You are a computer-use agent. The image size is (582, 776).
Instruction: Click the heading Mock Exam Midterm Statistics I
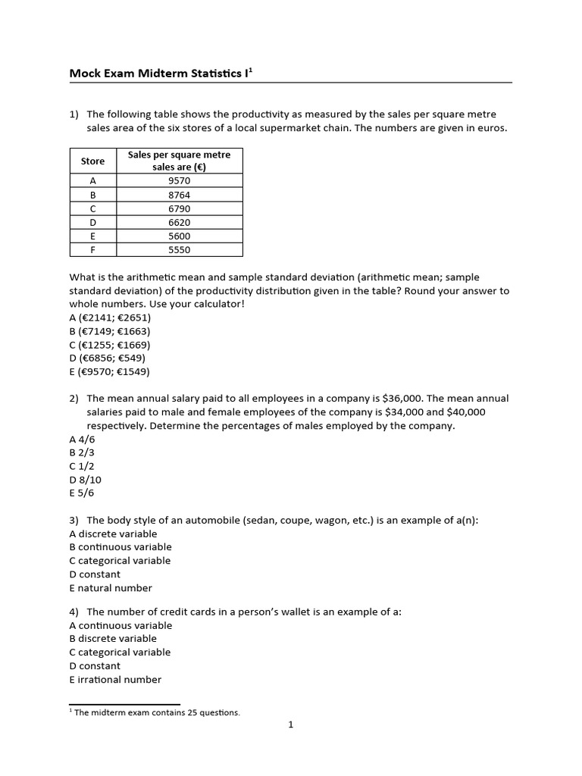point(160,73)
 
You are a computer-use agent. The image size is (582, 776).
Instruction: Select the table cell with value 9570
point(180,181)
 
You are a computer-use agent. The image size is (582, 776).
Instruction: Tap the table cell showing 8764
point(180,195)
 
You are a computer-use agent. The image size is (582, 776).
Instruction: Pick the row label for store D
point(92,222)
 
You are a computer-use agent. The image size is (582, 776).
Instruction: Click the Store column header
point(92,161)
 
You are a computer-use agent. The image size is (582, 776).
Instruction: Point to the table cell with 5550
point(180,249)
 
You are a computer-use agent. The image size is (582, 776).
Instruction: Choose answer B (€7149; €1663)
point(110,331)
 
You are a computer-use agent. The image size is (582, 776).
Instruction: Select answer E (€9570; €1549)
point(109,371)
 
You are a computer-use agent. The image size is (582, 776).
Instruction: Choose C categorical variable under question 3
point(120,561)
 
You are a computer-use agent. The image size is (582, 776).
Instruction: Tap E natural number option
point(111,588)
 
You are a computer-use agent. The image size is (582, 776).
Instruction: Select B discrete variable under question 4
point(113,639)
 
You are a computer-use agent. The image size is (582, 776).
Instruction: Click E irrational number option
point(115,680)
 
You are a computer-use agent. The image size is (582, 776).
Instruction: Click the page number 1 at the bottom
point(290,725)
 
